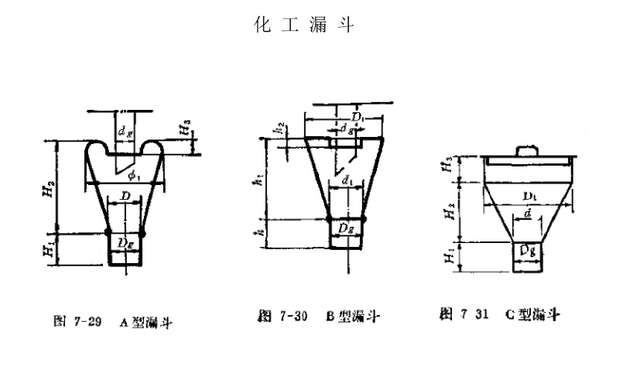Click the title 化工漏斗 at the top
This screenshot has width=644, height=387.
coord(304,26)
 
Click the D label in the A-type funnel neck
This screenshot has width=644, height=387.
coord(124,198)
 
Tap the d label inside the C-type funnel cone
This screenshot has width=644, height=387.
coord(528,211)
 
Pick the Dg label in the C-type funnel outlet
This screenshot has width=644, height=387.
coord(528,252)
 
